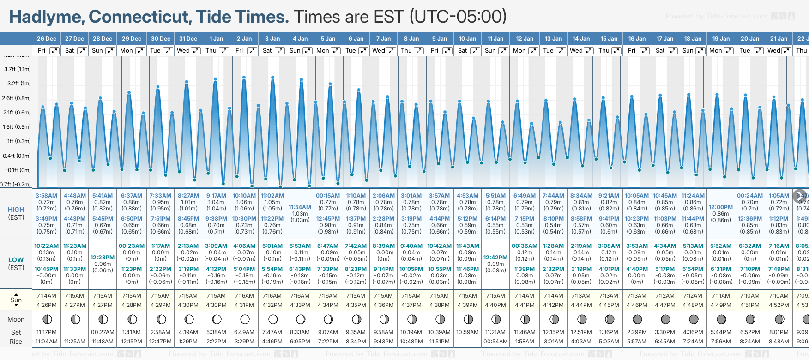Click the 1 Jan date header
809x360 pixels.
pyautogui.click(x=216, y=39)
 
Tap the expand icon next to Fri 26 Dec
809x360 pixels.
pyautogui.click(x=54, y=51)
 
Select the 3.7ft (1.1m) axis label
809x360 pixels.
pyautogui.click(x=18, y=69)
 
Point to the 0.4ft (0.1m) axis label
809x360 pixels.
pyautogui.click(x=17, y=156)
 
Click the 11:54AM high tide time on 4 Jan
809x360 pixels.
pyautogui.click(x=300, y=207)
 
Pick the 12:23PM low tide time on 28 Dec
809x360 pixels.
pyautogui.click(x=103, y=258)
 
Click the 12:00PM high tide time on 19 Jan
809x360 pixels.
pyautogui.click(x=721, y=207)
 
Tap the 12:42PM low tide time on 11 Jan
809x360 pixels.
pyautogui.click(x=495, y=258)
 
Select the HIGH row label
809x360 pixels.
pyautogui.click(x=16, y=210)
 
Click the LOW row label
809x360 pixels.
pyautogui.click(x=16, y=260)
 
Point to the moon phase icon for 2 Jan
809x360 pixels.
pyautogui.click(x=245, y=319)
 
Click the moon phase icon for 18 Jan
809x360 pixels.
pyautogui.click(x=694, y=319)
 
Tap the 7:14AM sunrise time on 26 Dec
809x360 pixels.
pyautogui.click(x=47, y=296)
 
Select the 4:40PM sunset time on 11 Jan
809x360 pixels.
pyautogui.click(x=495, y=305)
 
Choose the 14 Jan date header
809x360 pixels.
pyautogui.click(x=582, y=39)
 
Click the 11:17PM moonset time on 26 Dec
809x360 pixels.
pyautogui.click(x=47, y=332)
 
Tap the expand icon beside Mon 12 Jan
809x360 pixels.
pyautogui.click(x=533, y=51)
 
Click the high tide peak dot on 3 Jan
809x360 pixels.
pyautogui.click(x=272, y=78)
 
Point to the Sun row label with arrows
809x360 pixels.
pyautogui.click(x=16, y=300)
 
